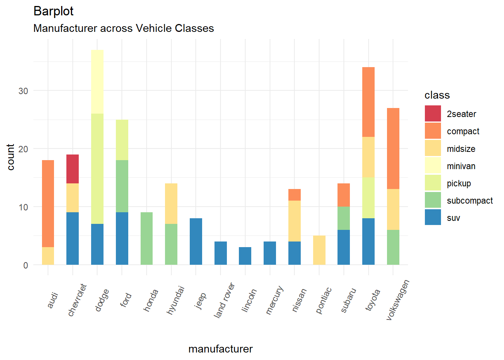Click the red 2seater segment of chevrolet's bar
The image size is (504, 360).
click(72, 169)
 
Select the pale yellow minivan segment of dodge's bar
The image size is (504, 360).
click(97, 82)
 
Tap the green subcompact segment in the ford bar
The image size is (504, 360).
click(122, 186)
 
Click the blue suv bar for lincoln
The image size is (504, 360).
click(245, 256)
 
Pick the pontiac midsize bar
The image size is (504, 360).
click(319, 250)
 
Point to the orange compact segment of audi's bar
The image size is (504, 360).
click(48, 204)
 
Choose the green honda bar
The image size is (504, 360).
click(147, 238)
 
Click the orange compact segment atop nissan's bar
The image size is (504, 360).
click(294, 195)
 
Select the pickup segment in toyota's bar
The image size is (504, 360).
click(368, 198)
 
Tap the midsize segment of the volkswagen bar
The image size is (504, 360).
click(393, 209)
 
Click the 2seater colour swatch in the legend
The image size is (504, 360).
click(433, 114)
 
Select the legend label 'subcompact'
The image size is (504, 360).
click(469, 201)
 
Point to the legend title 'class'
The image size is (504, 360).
click(437, 95)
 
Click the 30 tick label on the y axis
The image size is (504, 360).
click(23, 91)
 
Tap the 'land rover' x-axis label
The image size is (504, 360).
click(224, 300)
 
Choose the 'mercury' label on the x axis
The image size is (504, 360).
click(274, 300)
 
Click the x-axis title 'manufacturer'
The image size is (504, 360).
click(220, 349)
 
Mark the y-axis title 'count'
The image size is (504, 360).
click(10, 157)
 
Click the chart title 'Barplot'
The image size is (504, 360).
click(53, 11)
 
